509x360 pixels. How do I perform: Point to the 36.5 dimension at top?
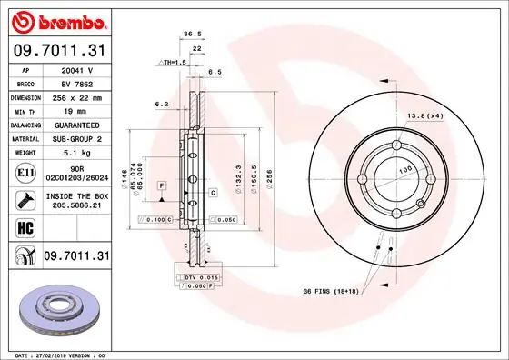click(192, 34)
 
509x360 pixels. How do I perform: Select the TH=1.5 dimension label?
click(173, 62)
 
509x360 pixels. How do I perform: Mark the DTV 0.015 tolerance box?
click(196, 276)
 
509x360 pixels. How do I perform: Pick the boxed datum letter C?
click(212, 193)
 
